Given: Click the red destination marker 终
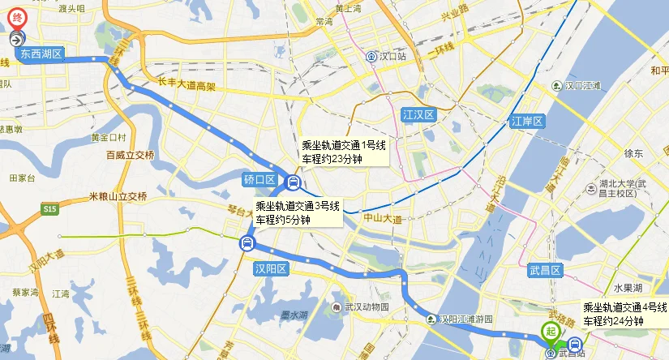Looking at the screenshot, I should pos(18,18).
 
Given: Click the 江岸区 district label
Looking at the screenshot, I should pos(525,122).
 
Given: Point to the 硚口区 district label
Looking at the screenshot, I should pos(259,180).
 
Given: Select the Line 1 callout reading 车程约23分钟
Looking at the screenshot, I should pos(342,152).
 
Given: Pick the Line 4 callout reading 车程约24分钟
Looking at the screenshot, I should pos(624,315).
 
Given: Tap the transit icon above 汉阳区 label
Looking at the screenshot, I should pos(247,242).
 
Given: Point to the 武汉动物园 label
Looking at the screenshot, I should pos(361,308).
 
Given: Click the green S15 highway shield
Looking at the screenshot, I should pos(51,209).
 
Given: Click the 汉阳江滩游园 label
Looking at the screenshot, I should pos(461,319).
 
